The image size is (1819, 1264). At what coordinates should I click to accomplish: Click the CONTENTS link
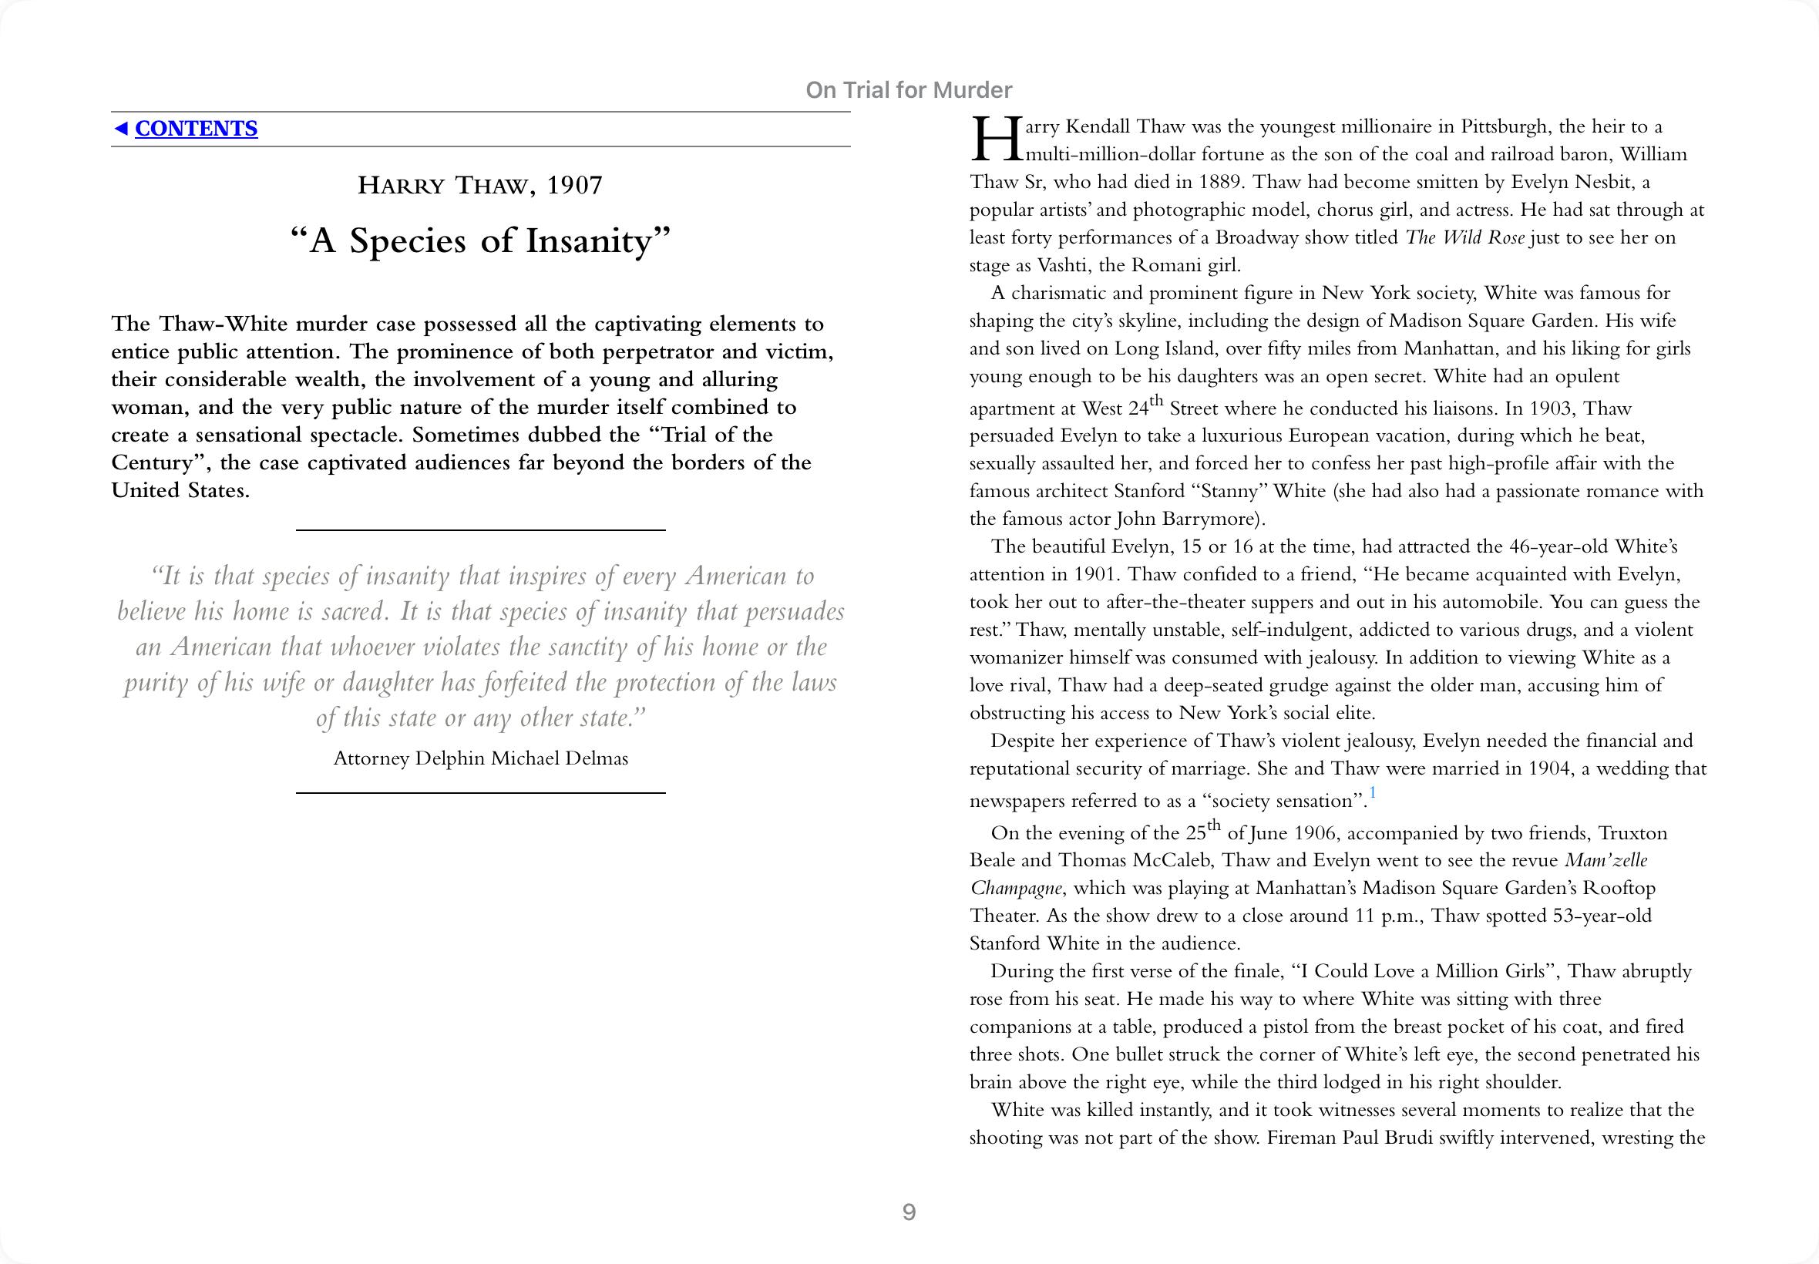196,128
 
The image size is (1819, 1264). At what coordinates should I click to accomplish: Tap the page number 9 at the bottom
909,1212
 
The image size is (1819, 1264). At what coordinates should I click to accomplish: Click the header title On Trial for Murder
908,90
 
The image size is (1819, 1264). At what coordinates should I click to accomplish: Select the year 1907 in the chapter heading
574,185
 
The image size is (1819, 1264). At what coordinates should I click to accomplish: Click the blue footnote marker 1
1373,793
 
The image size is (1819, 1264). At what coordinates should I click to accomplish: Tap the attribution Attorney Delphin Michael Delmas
481,758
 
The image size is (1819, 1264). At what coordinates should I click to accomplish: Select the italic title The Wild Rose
1464,237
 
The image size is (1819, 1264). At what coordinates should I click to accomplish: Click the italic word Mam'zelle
1606,860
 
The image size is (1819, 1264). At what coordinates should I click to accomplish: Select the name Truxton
1632,832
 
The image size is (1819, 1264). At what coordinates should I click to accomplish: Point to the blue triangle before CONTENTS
120,128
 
